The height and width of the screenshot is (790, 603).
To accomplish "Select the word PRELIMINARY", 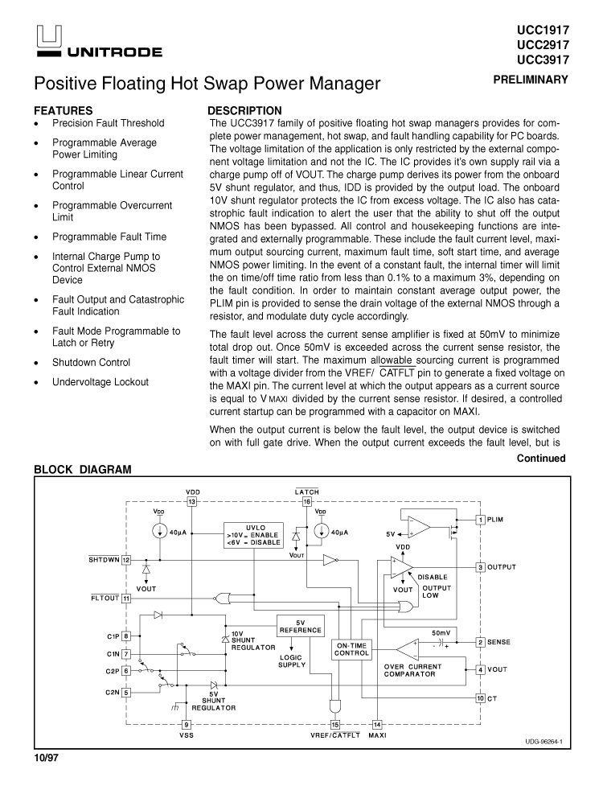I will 531,80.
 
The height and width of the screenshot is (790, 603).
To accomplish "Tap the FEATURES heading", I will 63,110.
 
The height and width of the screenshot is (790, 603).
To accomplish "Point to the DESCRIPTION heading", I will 244,110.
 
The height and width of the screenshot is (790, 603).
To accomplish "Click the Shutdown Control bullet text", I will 91,363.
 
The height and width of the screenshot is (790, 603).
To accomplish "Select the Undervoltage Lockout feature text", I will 100,382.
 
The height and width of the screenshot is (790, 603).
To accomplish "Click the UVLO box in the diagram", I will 252,534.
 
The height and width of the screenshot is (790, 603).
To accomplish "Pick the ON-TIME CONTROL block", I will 352,649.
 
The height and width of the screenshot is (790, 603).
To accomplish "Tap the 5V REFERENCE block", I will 300,626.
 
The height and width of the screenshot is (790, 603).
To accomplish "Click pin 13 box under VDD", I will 192,501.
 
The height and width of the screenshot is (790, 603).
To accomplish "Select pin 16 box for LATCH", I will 307,501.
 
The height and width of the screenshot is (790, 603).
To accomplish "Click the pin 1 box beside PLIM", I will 480,520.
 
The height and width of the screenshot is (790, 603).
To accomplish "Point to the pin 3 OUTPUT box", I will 480,567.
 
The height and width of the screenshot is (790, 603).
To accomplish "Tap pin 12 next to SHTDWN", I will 126,560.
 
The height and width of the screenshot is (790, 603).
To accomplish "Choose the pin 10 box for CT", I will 480,698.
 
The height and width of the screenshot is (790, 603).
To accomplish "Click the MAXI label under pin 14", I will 377,735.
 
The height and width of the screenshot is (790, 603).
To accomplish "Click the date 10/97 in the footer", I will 46,759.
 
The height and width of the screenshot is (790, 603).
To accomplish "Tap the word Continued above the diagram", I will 541,459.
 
